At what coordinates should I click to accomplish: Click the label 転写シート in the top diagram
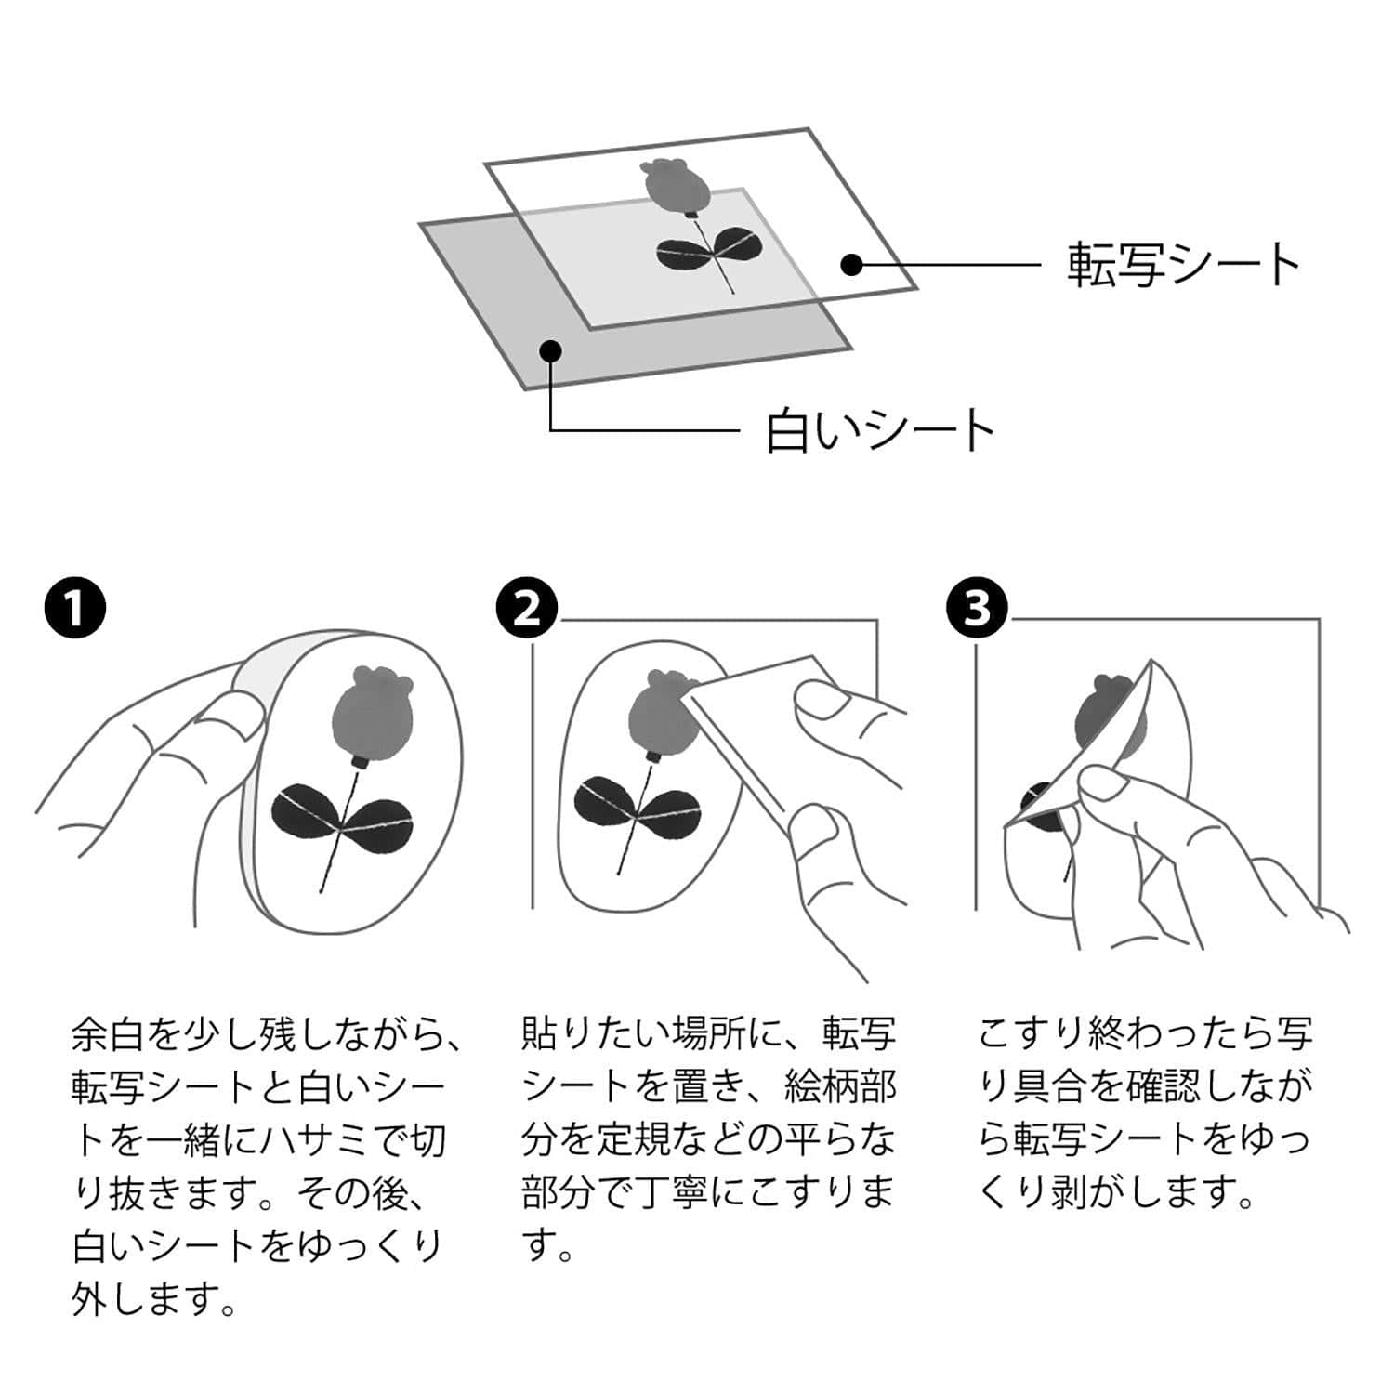[x=1183, y=265]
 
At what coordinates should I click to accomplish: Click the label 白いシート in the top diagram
[x=879, y=430]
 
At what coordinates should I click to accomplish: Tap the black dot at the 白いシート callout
[x=551, y=350]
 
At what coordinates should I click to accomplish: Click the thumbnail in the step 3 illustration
[x=1102, y=783]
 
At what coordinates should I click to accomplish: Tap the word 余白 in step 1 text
[x=109, y=1033]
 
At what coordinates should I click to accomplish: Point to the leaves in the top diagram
[x=711, y=248]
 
